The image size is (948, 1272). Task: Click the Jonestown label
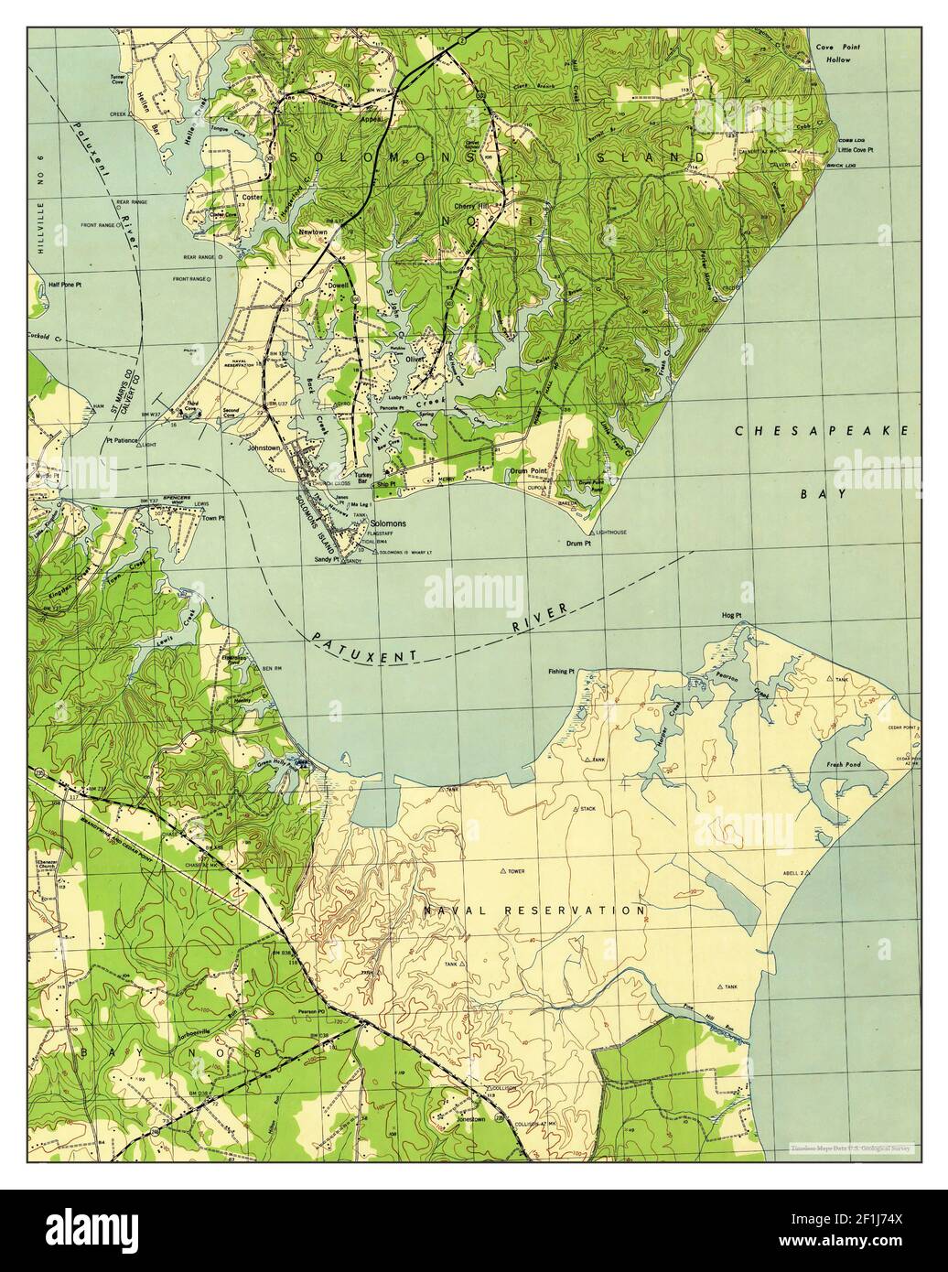(475, 1119)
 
